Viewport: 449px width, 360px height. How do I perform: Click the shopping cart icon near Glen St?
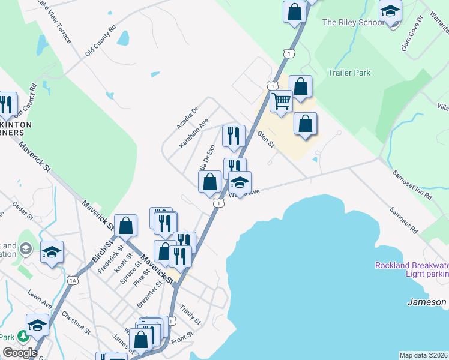point(281,101)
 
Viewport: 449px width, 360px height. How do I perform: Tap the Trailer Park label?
point(349,73)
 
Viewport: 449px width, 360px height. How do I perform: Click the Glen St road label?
point(265,140)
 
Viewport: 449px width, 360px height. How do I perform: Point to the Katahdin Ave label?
point(194,134)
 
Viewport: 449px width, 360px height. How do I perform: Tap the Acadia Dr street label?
point(187,118)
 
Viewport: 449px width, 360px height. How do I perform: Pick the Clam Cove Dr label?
point(412,33)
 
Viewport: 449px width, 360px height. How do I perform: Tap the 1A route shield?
point(73,280)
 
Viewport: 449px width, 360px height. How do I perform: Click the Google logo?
point(20,353)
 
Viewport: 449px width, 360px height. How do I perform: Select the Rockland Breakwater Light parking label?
point(411,269)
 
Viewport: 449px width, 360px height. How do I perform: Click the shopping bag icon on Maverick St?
point(127,226)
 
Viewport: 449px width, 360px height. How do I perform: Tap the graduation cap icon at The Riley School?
point(390,11)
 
